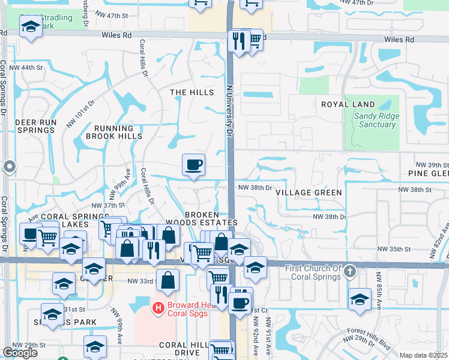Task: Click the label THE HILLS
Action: point(191,92)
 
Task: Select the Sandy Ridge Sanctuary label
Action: point(375,121)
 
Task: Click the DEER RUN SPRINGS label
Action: point(35,126)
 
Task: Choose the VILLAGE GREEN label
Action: point(309,193)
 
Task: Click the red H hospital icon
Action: point(158,308)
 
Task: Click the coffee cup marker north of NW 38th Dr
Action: point(193,164)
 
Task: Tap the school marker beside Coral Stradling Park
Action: point(30,26)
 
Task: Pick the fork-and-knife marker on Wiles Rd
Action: point(239,41)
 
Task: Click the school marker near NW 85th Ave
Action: point(360,298)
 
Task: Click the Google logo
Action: point(20,353)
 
